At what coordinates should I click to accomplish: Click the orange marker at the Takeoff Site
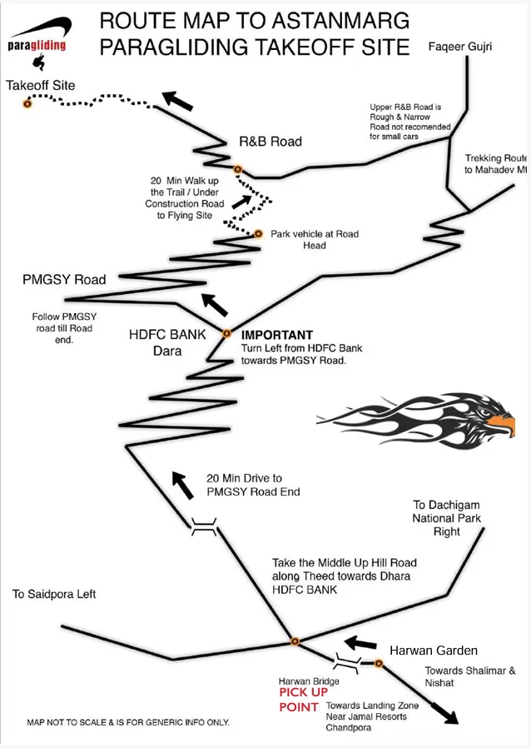[x=27, y=103]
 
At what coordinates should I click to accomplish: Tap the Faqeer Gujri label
[x=459, y=47]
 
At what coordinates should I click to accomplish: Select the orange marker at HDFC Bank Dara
[x=226, y=333]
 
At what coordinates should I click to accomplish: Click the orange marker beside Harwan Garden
[x=379, y=664]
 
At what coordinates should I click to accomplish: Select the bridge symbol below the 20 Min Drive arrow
[x=204, y=526]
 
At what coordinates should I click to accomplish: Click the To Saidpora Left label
[x=54, y=594]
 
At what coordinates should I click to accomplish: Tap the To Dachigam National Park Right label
[x=447, y=518]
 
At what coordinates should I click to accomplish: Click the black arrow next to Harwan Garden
[x=362, y=643]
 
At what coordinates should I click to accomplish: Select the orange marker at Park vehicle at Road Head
[x=259, y=234]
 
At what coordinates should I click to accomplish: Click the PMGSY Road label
[x=64, y=279]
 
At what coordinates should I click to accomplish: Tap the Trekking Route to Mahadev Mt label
[x=496, y=163]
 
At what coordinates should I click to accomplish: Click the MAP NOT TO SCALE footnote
[x=128, y=722]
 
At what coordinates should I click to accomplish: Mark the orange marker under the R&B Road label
[x=238, y=169]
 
